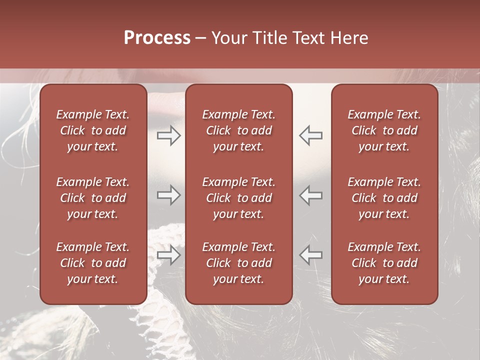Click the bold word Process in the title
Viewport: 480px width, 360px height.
pyautogui.click(x=157, y=38)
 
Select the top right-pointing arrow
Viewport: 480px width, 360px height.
pyautogui.click(x=169, y=135)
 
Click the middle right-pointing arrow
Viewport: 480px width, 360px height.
pyautogui.click(x=169, y=195)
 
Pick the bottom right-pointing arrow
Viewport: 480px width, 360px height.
pyautogui.click(x=169, y=255)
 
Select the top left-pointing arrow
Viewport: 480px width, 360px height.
pyautogui.click(x=310, y=135)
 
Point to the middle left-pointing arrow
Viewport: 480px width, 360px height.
pyautogui.click(x=310, y=195)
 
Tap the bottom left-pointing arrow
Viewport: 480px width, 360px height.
pyautogui.click(x=310, y=255)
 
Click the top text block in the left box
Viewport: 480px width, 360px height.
pyautogui.click(x=93, y=130)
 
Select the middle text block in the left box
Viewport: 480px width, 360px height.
pyautogui.click(x=93, y=198)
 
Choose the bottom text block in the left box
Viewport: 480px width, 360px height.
pyautogui.click(x=93, y=263)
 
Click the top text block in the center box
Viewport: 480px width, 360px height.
pyautogui.click(x=238, y=130)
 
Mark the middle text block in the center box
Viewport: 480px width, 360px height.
pyautogui.click(x=238, y=198)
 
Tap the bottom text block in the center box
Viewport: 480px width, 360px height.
pyautogui.click(x=238, y=263)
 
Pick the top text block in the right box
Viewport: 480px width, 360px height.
pyautogui.click(x=384, y=130)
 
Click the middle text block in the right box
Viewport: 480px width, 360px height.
pyautogui.click(x=384, y=198)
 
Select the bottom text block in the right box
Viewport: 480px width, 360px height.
pyautogui.click(x=384, y=263)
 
